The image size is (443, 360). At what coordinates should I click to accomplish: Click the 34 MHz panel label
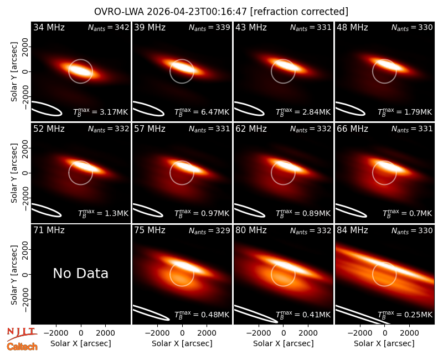tap(49, 27)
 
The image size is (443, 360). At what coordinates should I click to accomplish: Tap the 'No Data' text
tap(80, 273)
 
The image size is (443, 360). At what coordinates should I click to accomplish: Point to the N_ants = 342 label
tap(109, 27)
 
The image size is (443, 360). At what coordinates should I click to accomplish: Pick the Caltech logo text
tap(22, 347)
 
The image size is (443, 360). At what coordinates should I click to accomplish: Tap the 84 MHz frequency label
tap(352, 230)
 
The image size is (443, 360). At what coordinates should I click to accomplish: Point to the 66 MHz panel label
tap(352, 129)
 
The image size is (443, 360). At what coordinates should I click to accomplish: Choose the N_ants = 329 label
tap(210, 230)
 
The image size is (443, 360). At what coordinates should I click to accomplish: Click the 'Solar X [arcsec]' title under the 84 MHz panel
tap(384, 343)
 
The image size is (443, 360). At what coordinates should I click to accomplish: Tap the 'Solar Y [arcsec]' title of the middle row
tap(14, 173)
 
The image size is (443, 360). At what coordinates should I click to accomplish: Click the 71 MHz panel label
tap(49, 230)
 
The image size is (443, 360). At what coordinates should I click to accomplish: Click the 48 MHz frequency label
tap(352, 27)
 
